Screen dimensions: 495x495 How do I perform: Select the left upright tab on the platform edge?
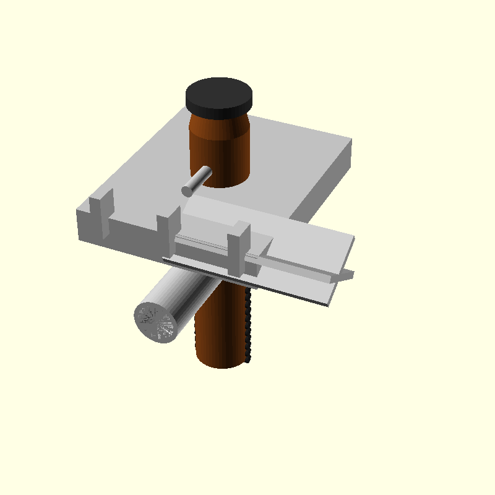101,213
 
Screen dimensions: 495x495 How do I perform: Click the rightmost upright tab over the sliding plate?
238,250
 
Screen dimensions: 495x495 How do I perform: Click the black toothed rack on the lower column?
249,325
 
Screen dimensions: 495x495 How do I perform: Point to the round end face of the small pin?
187,191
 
